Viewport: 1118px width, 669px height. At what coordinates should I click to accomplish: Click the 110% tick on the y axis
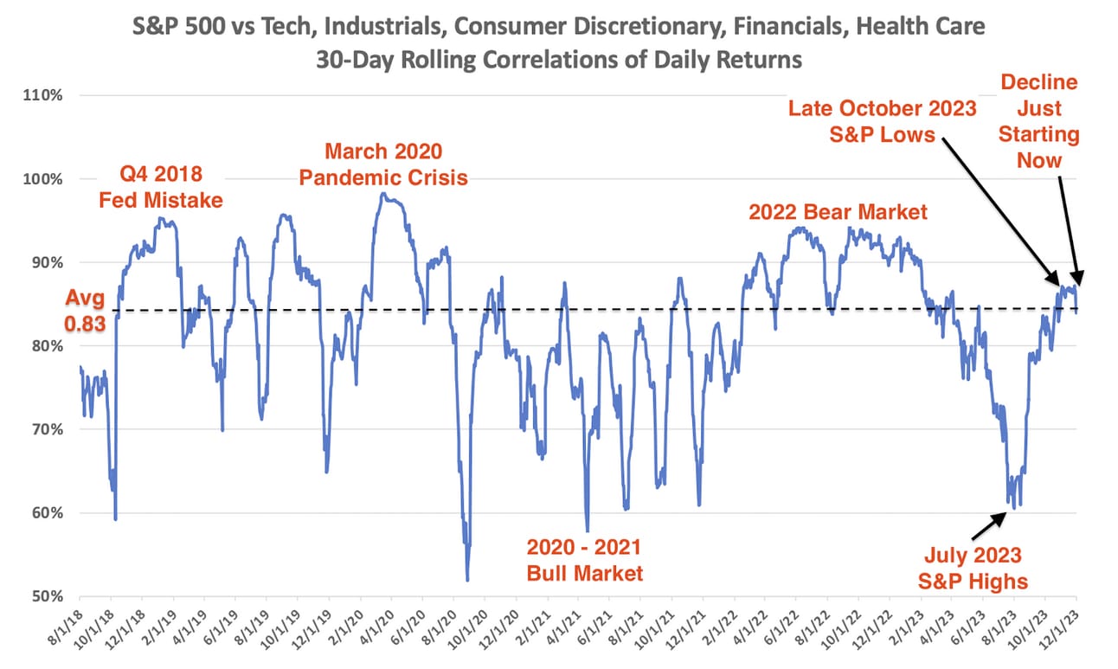point(44,95)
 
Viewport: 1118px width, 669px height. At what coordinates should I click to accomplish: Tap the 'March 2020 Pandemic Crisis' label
point(383,164)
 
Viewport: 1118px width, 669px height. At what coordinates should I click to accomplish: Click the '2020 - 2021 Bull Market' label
point(584,559)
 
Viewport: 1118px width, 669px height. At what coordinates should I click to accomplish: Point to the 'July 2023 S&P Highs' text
point(971,567)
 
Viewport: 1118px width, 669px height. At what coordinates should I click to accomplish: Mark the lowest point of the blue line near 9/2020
point(467,580)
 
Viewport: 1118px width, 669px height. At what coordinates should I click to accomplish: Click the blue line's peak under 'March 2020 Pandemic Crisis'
point(382,193)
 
